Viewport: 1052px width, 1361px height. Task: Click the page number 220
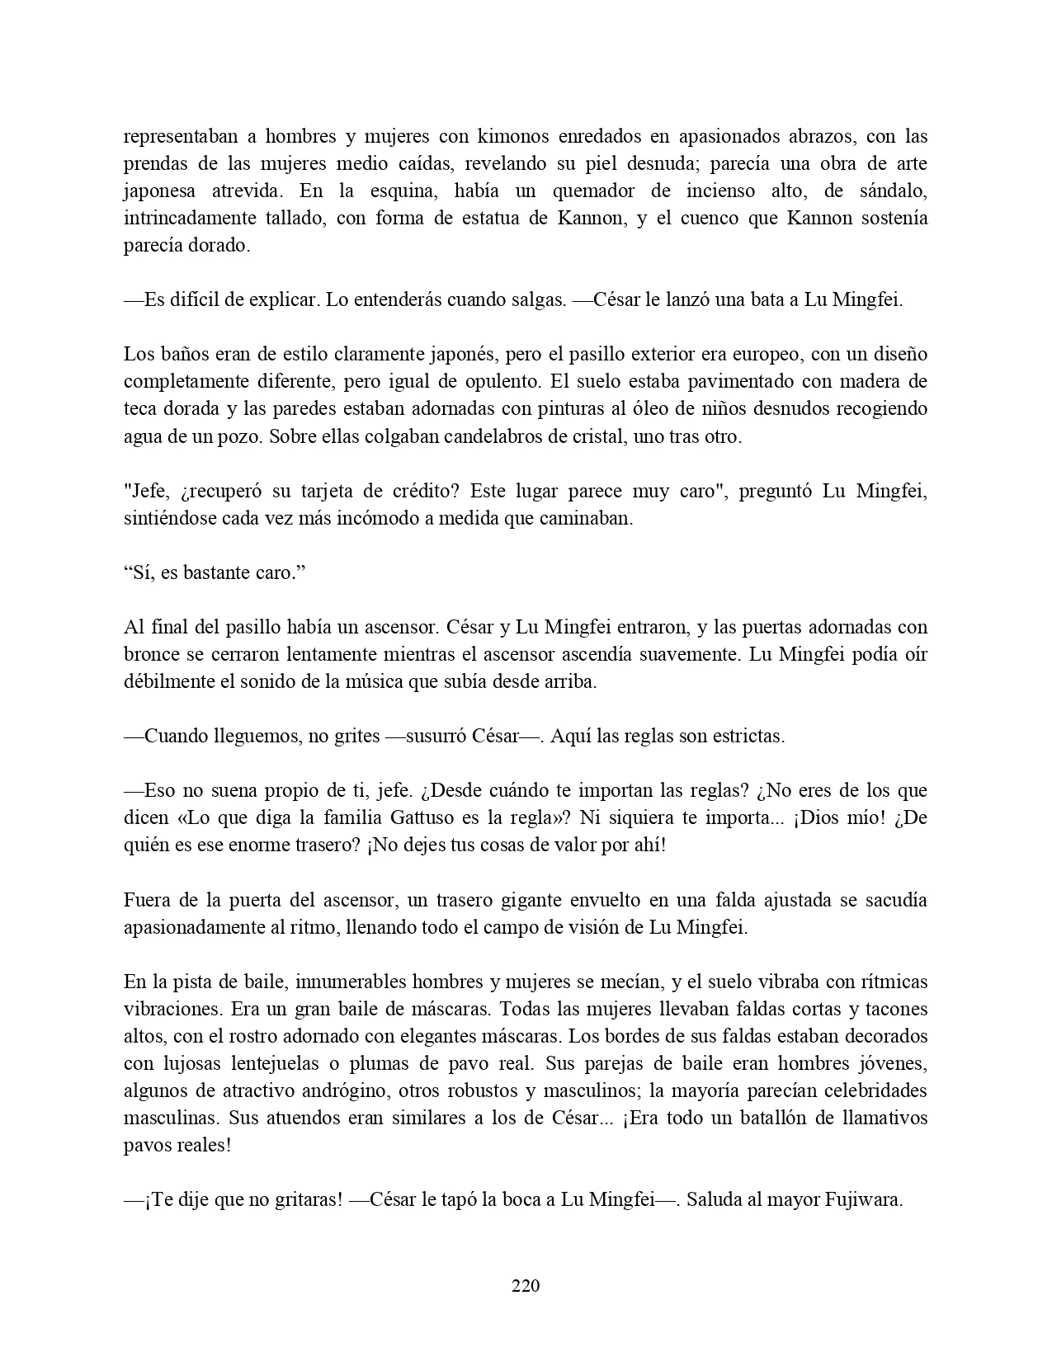[x=526, y=1285]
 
